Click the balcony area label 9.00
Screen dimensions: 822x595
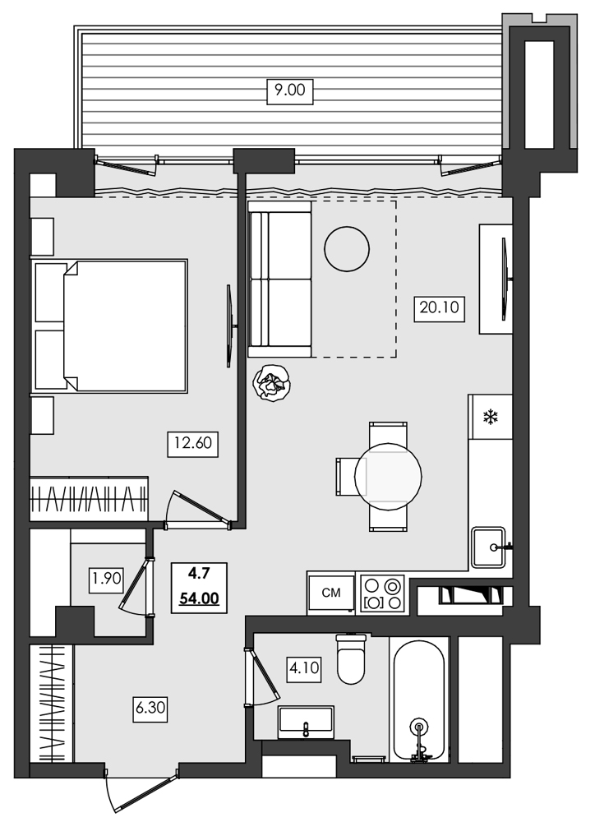(289, 90)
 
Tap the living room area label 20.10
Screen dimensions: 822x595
(440, 309)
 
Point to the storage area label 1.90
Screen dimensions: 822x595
(107, 578)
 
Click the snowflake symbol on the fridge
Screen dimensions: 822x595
(491, 418)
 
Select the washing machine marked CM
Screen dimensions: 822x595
(331, 593)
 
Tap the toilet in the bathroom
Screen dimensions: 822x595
(351, 659)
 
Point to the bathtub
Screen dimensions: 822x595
(419, 700)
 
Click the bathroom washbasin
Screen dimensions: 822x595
(306, 721)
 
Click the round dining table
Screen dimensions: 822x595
(388, 475)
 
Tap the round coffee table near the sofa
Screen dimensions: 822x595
(346, 247)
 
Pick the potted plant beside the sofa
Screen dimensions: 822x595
(270, 383)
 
